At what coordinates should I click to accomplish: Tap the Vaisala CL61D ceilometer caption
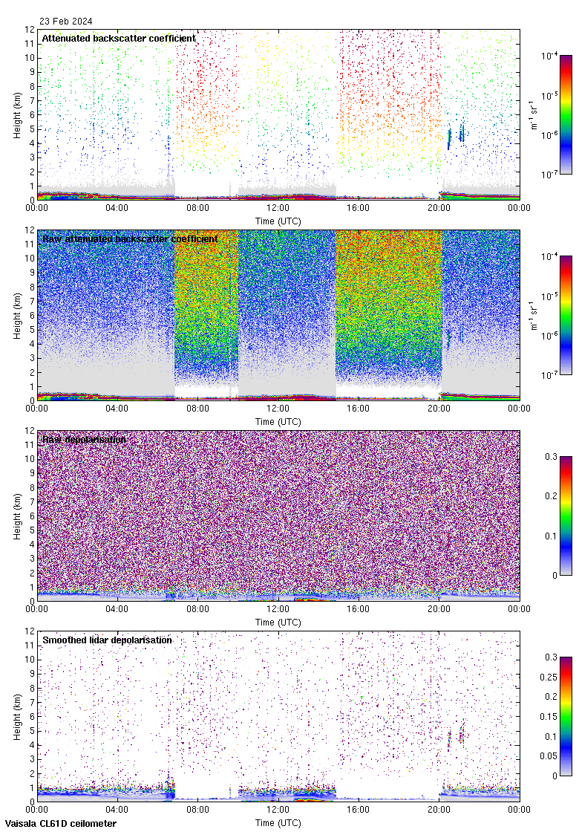[x=59, y=823]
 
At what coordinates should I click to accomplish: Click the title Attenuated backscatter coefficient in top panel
[x=119, y=38]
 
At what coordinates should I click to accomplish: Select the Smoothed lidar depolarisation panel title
[x=107, y=640]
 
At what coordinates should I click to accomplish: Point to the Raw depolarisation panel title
[x=84, y=439]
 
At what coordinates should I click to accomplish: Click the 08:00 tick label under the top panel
[x=197, y=208]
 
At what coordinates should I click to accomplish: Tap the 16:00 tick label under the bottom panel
[x=359, y=810]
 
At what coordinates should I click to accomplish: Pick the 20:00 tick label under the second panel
[x=439, y=409]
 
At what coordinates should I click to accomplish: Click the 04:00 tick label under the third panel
[x=117, y=609]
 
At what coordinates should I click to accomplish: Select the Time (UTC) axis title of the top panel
[x=278, y=221]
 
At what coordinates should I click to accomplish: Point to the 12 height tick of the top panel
[x=30, y=30]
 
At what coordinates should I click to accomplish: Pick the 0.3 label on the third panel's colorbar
[x=552, y=456]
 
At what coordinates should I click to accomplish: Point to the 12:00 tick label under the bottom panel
[x=278, y=810]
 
